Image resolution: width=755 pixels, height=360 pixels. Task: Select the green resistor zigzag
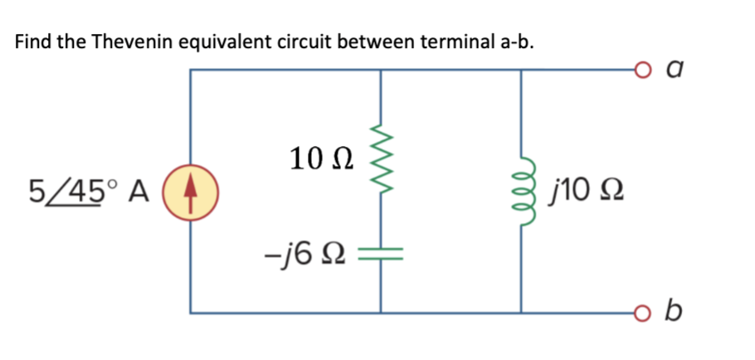pyautogui.click(x=381, y=158)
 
